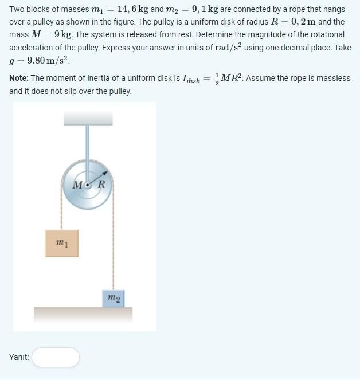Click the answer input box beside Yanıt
tap(56, 357)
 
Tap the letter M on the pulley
tap(79, 185)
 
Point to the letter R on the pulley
tap(101, 185)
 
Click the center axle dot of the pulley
tap(88, 185)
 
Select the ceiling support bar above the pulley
tap(88, 119)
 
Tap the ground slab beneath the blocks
tap(83, 315)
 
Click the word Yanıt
tap(19, 358)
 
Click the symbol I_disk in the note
tap(191, 79)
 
